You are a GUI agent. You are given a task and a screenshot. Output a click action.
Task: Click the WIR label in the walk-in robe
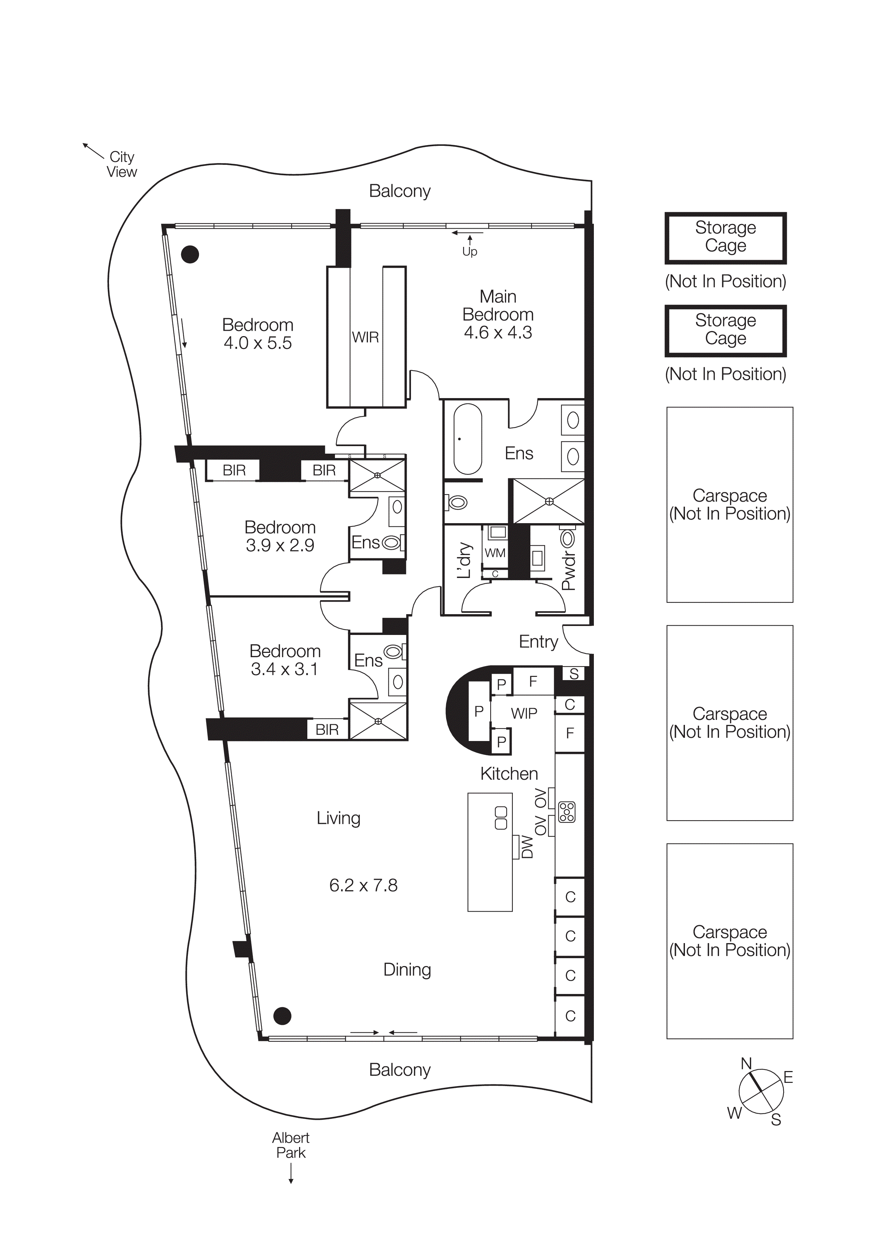pyautogui.click(x=365, y=337)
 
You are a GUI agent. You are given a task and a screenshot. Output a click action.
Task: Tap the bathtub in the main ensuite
pyautogui.click(x=467, y=439)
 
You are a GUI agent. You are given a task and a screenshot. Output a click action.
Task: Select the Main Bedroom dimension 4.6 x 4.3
pyautogui.click(x=498, y=332)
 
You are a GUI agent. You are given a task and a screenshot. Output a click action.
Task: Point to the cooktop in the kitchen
pyautogui.click(x=567, y=812)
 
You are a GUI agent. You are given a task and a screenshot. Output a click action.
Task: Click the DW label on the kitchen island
pyautogui.click(x=527, y=846)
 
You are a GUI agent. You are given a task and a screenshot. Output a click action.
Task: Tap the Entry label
pyautogui.click(x=538, y=642)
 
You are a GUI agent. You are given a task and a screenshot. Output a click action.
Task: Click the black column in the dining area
pyautogui.click(x=282, y=1016)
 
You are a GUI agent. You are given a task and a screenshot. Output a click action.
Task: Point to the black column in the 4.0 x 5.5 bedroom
pyautogui.click(x=190, y=254)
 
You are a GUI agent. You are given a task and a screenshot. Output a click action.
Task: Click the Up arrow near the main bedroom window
pyautogui.click(x=469, y=247)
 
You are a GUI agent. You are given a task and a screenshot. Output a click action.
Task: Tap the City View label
pyautogui.click(x=122, y=164)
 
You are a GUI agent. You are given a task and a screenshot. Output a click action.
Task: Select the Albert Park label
pyautogui.click(x=291, y=1145)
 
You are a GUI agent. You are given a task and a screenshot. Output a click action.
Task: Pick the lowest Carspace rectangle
pyautogui.click(x=730, y=941)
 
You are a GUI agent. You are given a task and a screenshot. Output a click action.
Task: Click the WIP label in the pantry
pyautogui.click(x=524, y=713)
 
